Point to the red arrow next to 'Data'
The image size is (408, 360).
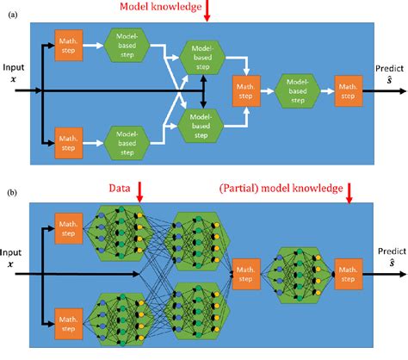click(140, 189)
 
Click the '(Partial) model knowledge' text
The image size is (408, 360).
click(282, 187)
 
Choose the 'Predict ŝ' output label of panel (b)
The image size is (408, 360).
click(390, 260)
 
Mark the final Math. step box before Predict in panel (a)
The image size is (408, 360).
click(349, 90)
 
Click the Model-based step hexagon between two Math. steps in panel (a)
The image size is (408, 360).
click(297, 90)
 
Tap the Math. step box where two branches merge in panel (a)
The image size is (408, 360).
click(247, 90)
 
